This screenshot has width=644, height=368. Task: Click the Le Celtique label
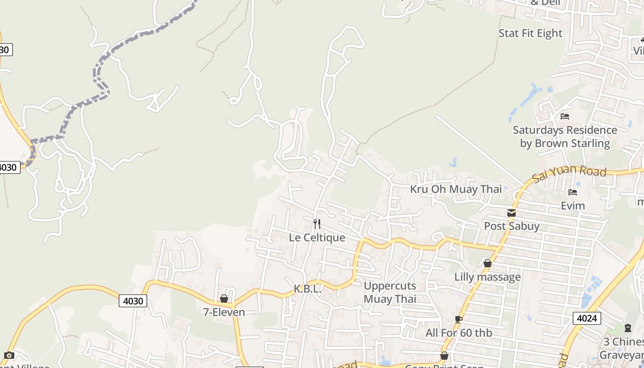click(317, 237)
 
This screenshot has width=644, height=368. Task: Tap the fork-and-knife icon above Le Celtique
click(317, 224)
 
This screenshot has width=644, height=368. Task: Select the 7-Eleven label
click(224, 312)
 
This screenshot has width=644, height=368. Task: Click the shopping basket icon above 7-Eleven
click(224, 299)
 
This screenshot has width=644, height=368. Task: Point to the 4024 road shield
click(586, 318)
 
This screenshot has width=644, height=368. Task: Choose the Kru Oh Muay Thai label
click(456, 189)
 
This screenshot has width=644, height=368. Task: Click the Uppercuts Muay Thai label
click(390, 292)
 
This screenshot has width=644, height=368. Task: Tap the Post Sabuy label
click(512, 226)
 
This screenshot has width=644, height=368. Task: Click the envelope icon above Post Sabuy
click(512, 213)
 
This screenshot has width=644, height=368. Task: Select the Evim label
click(573, 206)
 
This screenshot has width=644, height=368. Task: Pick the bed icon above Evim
click(573, 192)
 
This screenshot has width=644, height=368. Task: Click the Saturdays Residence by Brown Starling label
click(565, 137)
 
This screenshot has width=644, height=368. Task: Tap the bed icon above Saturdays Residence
click(565, 116)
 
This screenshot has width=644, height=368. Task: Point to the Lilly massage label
click(488, 277)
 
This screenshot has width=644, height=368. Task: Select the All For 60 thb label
click(459, 333)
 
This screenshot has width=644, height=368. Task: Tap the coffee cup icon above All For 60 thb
click(459, 319)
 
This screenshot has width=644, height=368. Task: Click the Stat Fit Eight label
click(530, 33)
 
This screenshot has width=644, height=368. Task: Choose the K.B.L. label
click(307, 289)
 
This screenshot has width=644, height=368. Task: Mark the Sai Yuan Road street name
click(569, 174)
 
